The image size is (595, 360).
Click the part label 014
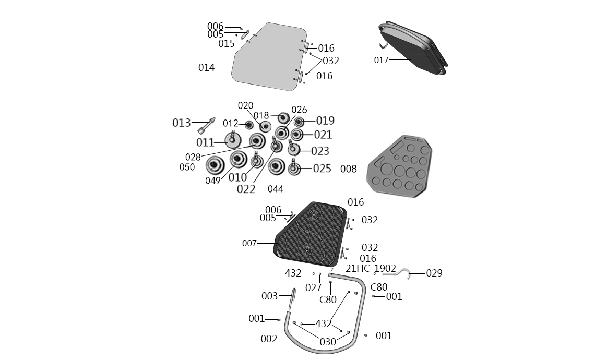click(206, 67)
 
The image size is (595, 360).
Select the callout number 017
click(382, 60)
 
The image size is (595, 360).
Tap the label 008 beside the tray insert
click(348, 169)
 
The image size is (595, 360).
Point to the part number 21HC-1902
click(371, 269)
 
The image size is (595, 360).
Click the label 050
click(187, 167)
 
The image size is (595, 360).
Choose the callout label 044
click(276, 189)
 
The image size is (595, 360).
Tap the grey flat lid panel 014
click(269, 57)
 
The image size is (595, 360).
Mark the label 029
click(434, 273)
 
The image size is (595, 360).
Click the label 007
click(250, 243)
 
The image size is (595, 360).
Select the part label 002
click(269, 339)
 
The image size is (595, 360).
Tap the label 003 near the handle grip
click(269, 296)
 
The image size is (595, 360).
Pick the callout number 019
click(325, 121)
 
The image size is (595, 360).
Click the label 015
click(227, 44)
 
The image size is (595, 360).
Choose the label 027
click(314, 287)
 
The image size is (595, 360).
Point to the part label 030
click(328, 342)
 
